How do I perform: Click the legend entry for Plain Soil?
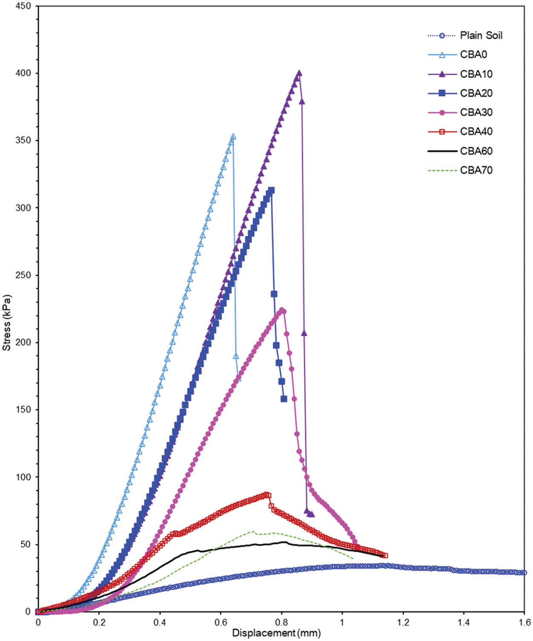(x=481, y=35)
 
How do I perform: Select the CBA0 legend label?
(x=473, y=55)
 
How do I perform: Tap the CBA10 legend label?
(x=476, y=74)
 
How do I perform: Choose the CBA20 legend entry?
(x=476, y=93)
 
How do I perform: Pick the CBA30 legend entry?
(x=476, y=112)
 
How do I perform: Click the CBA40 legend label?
(x=476, y=132)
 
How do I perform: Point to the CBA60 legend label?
(x=476, y=151)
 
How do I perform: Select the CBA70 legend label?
(x=476, y=170)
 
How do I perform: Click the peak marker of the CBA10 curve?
(x=299, y=73)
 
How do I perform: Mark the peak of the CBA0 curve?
(x=233, y=137)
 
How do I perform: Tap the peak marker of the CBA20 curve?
(x=271, y=190)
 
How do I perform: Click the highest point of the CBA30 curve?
(x=281, y=310)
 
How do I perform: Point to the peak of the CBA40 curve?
(x=267, y=495)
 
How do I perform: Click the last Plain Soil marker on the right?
(x=524, y=573)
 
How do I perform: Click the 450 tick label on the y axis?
(x=23, y=6)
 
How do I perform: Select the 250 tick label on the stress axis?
(x=23, y=275)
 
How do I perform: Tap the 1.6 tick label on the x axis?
(x=524, y=623)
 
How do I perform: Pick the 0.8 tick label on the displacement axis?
(x=281, y=623)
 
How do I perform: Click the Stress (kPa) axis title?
(x=6, y=323)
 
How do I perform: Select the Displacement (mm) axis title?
(x=276, y=633)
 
